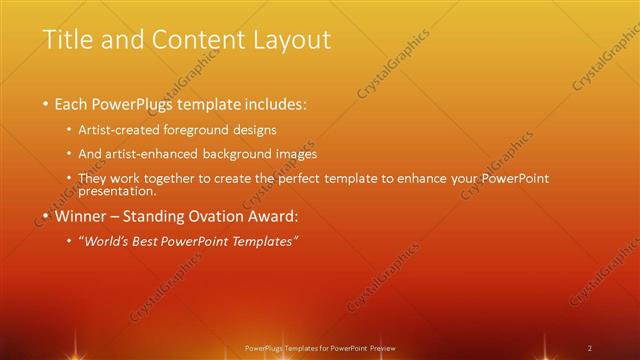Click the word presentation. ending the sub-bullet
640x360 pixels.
pos(117,190)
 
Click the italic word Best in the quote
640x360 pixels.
pos(155,241)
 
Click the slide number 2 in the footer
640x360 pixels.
pos(590,347)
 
